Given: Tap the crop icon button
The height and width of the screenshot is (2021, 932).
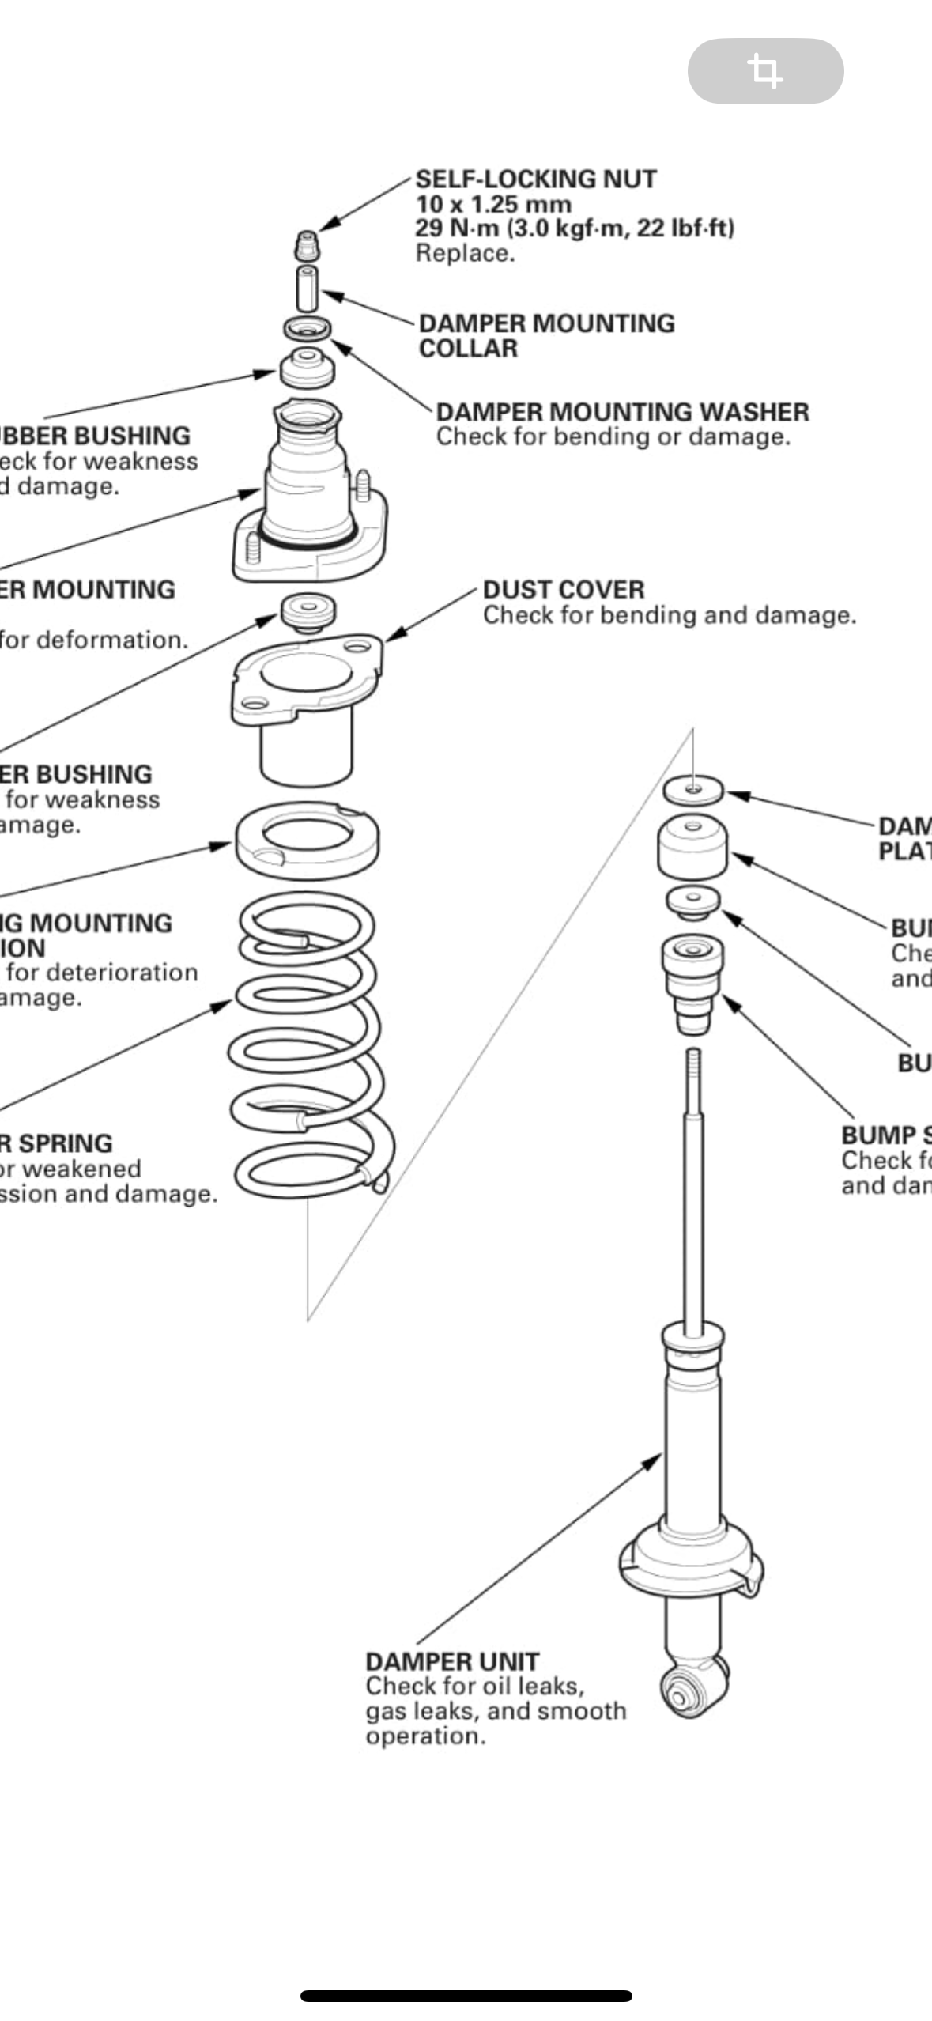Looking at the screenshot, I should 765,71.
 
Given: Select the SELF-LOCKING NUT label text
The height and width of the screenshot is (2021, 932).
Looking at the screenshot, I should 536,179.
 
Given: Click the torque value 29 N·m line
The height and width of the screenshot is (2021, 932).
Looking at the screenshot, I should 575,229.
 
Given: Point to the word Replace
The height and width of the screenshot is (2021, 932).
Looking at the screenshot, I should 465,254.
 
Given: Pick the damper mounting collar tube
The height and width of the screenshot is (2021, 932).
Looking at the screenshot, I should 308,289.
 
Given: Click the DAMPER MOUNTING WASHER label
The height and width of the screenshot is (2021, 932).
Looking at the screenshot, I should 622,412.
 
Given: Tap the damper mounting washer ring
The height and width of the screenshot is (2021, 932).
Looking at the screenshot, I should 308,327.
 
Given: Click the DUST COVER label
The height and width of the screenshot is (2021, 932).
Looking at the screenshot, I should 564,590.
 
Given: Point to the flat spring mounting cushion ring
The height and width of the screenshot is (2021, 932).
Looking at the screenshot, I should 307,840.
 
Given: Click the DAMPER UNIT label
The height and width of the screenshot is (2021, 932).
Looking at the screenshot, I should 452,1661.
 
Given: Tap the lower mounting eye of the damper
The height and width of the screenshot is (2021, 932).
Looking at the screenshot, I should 680,1693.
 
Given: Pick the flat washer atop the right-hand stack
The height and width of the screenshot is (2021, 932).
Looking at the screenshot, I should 692,789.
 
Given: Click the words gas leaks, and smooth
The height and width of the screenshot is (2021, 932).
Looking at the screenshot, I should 496,1711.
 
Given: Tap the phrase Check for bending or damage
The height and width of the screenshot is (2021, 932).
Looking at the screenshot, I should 613,437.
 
